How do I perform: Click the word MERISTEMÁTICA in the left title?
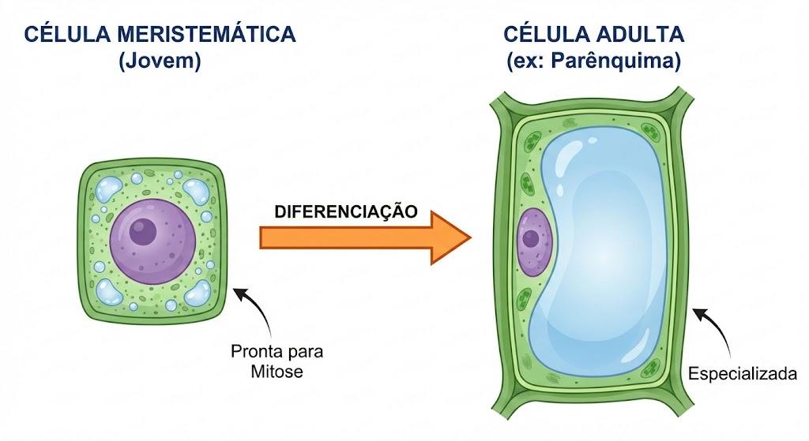pyautogui.click(x=206, y=35)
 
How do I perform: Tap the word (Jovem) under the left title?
pyautogui.click(x=160, y=61)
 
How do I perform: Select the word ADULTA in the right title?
pyautogui.click(x=640, y=35)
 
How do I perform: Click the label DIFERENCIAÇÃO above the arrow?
pyautogui.click(x=346, y=211)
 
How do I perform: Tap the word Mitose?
pyautogui.click(x=277, y=372)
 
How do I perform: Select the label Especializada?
pyautogui.click(x=743, y=373)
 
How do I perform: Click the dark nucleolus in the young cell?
pyautogui.click(x=142, y=231)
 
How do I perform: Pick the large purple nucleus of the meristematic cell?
pyautogui.click(x=152, y=241)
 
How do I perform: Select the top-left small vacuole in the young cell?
pyautogui.click(x=107, y=189)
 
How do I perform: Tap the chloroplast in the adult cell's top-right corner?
pyautogui.click(x=651, y=133)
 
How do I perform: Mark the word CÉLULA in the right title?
pyautogui.click(x=547, y=35)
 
